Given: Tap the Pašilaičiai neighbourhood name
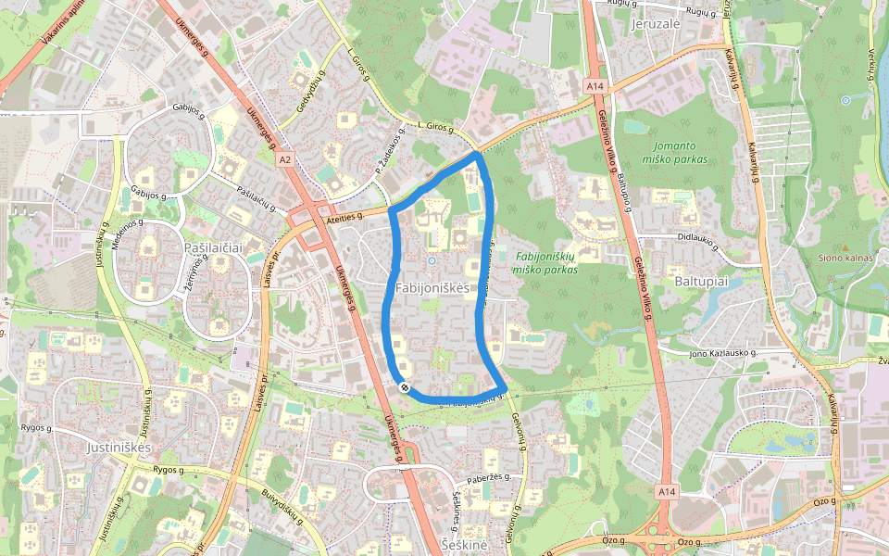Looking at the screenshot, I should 213,247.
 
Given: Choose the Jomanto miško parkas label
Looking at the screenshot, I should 680,152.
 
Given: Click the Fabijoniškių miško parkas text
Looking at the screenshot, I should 545,262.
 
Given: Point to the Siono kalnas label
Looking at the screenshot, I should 845,258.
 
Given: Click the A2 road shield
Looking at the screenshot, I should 285,159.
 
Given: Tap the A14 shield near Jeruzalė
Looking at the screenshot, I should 595,86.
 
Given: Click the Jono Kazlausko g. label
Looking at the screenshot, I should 724,353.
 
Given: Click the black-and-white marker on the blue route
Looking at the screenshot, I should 405,387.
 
